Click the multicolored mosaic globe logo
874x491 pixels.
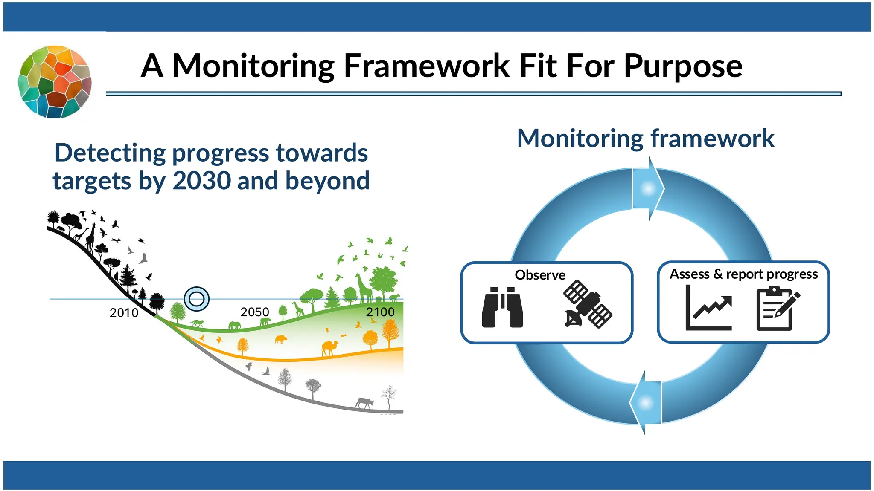click(x=54, y=81)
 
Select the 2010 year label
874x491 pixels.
click(x=124, y=313)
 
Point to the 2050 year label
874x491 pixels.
click(x=255, y=312)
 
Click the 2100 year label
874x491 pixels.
click(x=380, y=312)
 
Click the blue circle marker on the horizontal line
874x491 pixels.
click(x=197, y=299)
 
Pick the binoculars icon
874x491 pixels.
click(x=502, y=307)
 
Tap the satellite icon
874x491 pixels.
click(x=588, y=304)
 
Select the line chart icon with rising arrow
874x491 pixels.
click(x=709, y=308)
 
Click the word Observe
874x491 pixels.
click(x=540, y=275)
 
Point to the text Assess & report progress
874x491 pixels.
click(x=743, y=274)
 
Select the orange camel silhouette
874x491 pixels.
click(x=329, y=348)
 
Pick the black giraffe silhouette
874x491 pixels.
click(x=90, y=237)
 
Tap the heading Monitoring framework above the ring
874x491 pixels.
click(x=645, y=139)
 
